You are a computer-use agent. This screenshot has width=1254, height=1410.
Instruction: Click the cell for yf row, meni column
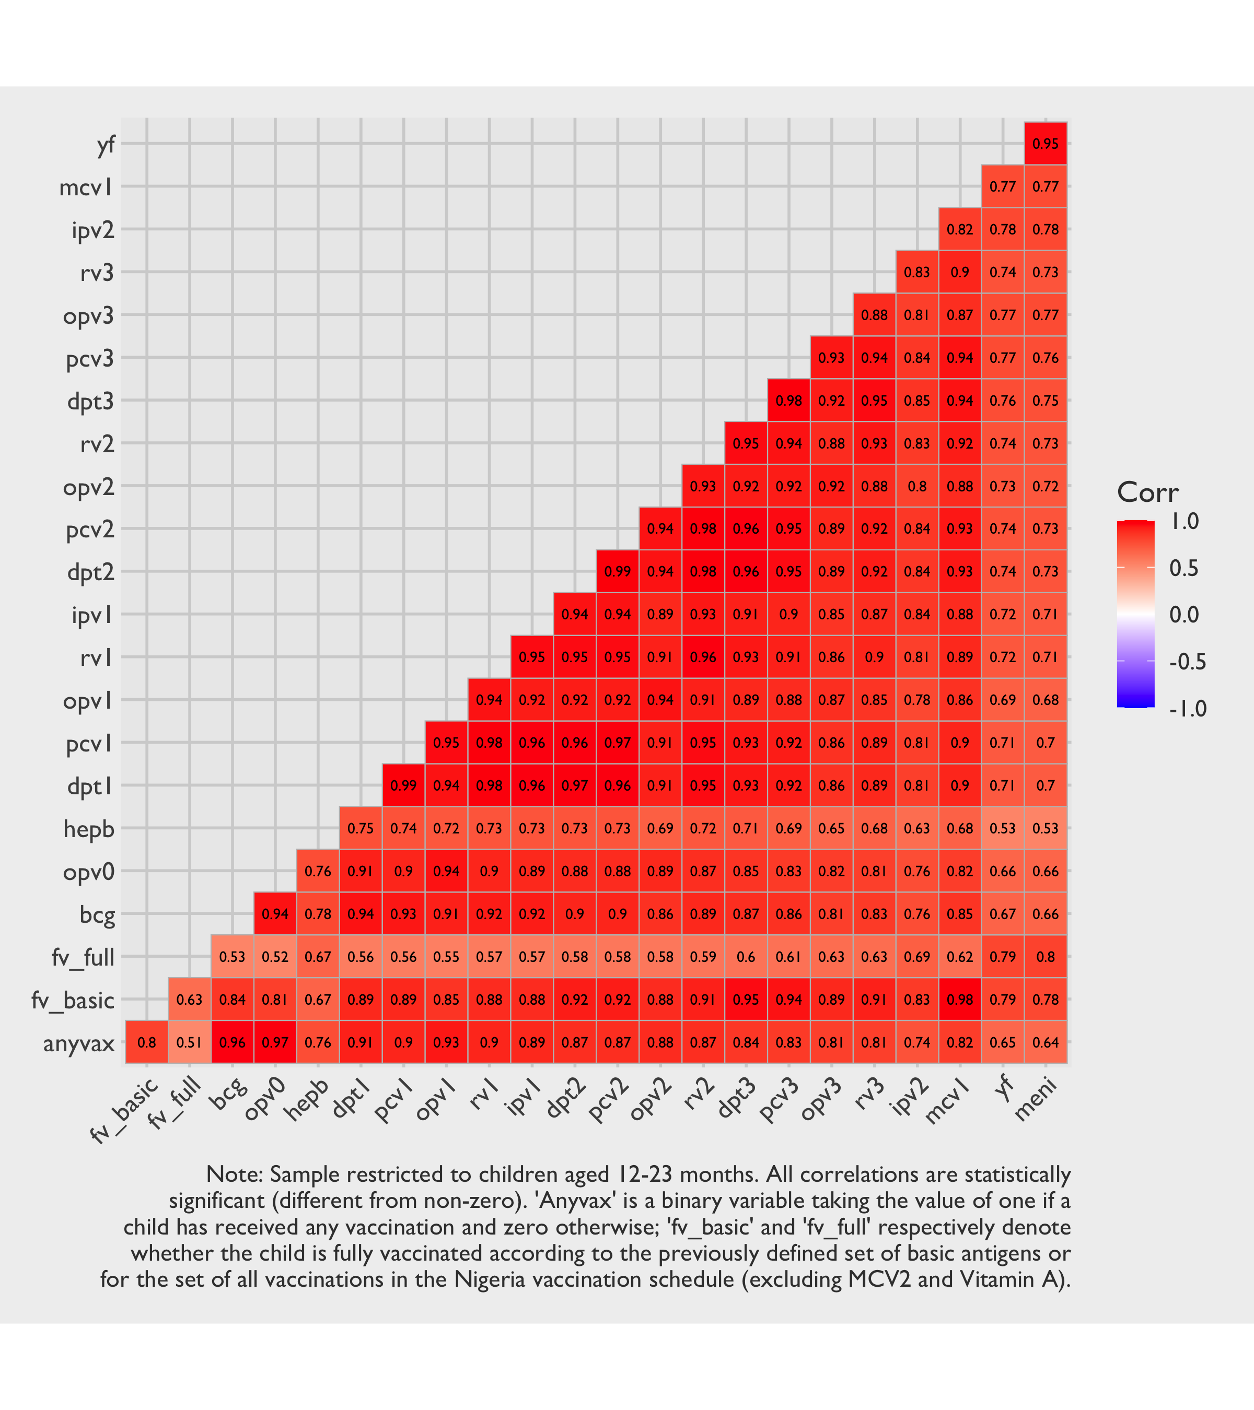click(x=1046, y=144)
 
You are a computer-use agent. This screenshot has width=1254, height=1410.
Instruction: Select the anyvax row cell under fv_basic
click(x=146, y=1042)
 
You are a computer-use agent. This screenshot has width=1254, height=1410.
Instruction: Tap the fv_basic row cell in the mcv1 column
click(x=960, y=1000)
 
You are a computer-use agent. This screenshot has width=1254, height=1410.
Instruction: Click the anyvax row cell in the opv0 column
click(x=275, y=1042)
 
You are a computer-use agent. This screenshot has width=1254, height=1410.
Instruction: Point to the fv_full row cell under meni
click(x=1046, y=957)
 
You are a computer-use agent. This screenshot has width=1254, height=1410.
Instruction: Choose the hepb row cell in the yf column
click(x=1003, y=828)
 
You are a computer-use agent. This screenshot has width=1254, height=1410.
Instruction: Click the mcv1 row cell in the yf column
click(x=1003, y=186)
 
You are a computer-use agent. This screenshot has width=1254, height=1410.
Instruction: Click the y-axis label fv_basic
click(x=73, y=1000)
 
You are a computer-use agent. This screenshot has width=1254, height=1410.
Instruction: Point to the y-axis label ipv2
click(x=92, y=230)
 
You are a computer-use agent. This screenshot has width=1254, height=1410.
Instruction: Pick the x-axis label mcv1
click(x=948, y=1102)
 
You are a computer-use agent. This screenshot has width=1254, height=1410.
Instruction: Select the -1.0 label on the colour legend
click(x=1187, y=709)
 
